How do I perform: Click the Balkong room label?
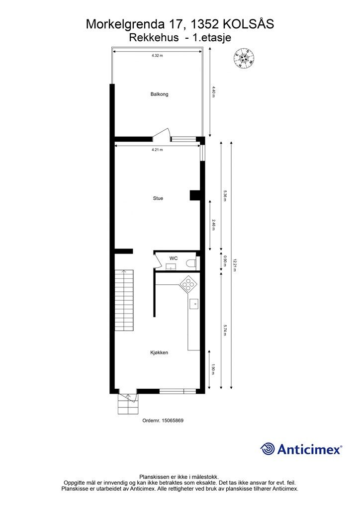pos(159,94)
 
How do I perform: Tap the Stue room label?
pos(158,198)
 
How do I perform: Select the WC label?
pos(174,258)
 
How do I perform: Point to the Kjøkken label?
pos(159,352)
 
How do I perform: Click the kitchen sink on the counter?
pos(194,303)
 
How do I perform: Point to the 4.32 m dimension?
pos(158,56)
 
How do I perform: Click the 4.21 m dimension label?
pos(158,149)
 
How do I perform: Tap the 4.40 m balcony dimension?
pos(214,93)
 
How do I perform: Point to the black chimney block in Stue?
pos(194,195)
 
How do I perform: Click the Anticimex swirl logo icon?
pos(268,449)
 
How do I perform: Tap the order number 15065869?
pos(163,420)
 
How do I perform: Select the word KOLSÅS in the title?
pos(249,24)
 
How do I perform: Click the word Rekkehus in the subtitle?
pos(154,37)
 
